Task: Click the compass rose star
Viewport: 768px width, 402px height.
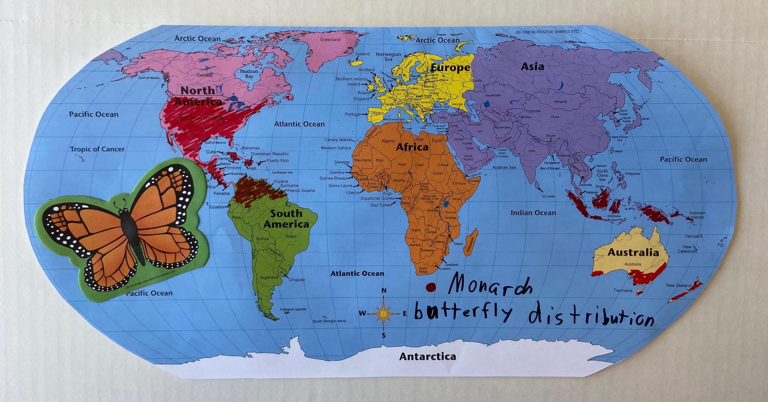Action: click(384, 313)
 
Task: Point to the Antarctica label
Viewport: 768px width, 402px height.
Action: click(427, 357)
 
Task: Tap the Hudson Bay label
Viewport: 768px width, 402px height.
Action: click(249, 74)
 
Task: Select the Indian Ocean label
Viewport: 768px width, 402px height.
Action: click(533, 212)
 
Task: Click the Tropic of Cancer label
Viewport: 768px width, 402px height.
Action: click(97, 149)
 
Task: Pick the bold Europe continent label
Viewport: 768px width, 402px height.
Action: click(450, 68)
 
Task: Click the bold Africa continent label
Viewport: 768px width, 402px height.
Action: click(412, 147)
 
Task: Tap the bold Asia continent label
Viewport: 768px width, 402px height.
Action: click(532, 67)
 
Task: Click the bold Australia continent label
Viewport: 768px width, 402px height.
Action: click(633, 252)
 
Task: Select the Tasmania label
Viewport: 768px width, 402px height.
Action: click(622, 291)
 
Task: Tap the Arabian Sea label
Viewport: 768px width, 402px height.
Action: click(503, 167)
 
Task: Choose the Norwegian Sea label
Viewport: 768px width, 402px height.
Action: click(388, 57)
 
